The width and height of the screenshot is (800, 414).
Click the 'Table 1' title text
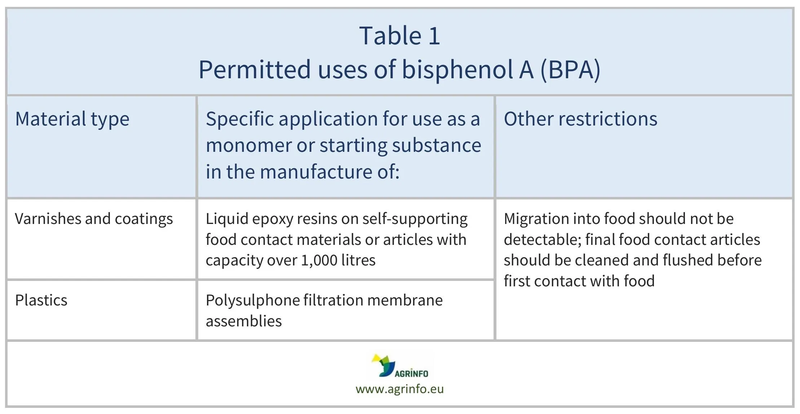399,36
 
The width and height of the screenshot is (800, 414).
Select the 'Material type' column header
72,119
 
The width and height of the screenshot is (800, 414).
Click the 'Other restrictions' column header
580,119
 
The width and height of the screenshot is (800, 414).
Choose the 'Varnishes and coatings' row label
94,219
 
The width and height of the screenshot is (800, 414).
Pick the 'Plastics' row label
41,300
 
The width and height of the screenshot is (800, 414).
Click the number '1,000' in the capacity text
319,260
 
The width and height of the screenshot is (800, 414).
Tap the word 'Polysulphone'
252,300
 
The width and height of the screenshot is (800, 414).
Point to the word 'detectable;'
542,240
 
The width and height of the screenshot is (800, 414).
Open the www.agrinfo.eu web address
399,389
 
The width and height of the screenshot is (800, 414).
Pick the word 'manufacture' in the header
316,172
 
